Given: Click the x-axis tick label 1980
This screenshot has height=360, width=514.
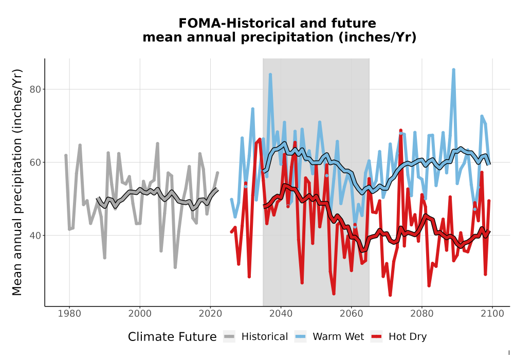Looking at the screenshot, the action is click(x=69, y=314).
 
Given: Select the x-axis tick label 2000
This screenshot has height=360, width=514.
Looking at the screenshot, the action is click(x=140, y=314).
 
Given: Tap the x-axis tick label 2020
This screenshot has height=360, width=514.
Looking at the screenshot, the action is click(x=210, y=314).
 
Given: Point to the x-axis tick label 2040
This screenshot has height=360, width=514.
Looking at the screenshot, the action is click(x=281, y=314).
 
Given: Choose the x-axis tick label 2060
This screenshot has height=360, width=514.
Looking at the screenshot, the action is click(x=352, y=314).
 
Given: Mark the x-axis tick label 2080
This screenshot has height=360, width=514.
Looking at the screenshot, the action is click(x=422, y=314).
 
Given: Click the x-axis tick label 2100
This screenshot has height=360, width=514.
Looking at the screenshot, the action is click(x=492, y=314).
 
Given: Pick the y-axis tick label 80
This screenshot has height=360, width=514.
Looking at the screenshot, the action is click(x=35, y=89).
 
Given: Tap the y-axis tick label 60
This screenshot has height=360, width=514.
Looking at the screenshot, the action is click(x=35, y=163).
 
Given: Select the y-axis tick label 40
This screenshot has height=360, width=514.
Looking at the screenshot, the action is click(x=35, y=236).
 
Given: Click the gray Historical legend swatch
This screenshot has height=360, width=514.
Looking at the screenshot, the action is click(x=229, y=337).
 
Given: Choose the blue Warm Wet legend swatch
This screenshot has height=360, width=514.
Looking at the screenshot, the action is click(x=300, y=337).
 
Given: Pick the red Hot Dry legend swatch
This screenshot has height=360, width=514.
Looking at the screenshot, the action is click(x=376, y=337).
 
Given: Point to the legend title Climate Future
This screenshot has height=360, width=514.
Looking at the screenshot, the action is click(x=172, y=337).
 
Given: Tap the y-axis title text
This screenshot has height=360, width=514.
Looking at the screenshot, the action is click(x=16, y=182).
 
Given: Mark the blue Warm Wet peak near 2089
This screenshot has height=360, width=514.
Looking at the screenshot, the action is click(x=453, y=70).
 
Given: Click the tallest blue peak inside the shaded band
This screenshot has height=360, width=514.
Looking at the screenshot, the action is click(x=270, y=75).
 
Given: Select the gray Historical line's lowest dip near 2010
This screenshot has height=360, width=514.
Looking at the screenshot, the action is click(x=175, y=267).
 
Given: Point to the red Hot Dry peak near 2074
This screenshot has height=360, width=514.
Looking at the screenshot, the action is click(x=400, y=131).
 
